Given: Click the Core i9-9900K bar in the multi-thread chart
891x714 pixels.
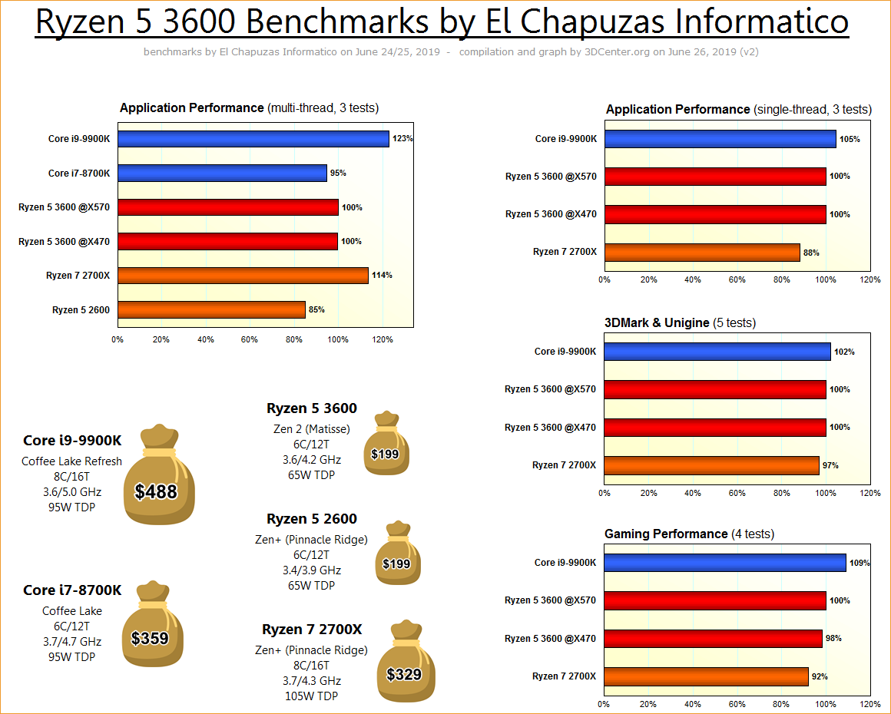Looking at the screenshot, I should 253,139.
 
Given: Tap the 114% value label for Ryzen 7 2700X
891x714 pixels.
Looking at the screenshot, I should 383,275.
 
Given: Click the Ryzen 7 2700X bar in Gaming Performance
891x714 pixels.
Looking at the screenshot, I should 706,676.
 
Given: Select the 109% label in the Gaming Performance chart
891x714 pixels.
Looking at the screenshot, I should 860,563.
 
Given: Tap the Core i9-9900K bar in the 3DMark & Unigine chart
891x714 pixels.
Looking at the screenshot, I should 717,352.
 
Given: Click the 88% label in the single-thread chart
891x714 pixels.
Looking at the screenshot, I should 811,253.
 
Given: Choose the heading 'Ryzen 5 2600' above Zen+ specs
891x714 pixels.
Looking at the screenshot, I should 312,519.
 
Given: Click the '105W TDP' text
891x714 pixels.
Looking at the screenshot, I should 311,696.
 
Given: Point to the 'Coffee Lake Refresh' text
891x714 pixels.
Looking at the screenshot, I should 71,461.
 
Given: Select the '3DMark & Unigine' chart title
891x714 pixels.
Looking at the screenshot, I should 657,322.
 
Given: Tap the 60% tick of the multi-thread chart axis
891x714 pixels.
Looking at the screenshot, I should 250,339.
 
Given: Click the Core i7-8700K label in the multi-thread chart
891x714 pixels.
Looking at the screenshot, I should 79,174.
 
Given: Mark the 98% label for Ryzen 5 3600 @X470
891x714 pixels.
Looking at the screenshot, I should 833,638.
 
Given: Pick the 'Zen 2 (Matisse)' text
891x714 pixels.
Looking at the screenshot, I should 311,429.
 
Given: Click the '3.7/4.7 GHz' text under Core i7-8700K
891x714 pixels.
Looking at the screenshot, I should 72,642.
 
